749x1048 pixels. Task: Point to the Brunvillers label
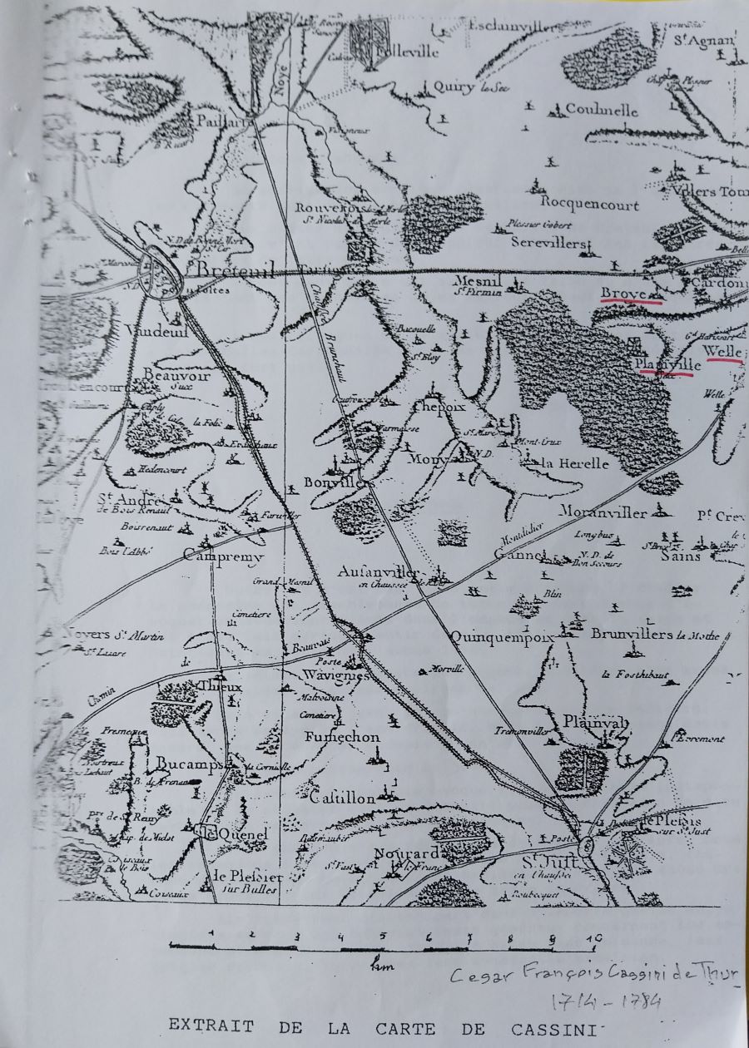[x=632, y=635]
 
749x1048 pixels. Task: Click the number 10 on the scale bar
[x=592, y=937]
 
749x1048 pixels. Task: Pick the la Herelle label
[x=575, y=464]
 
